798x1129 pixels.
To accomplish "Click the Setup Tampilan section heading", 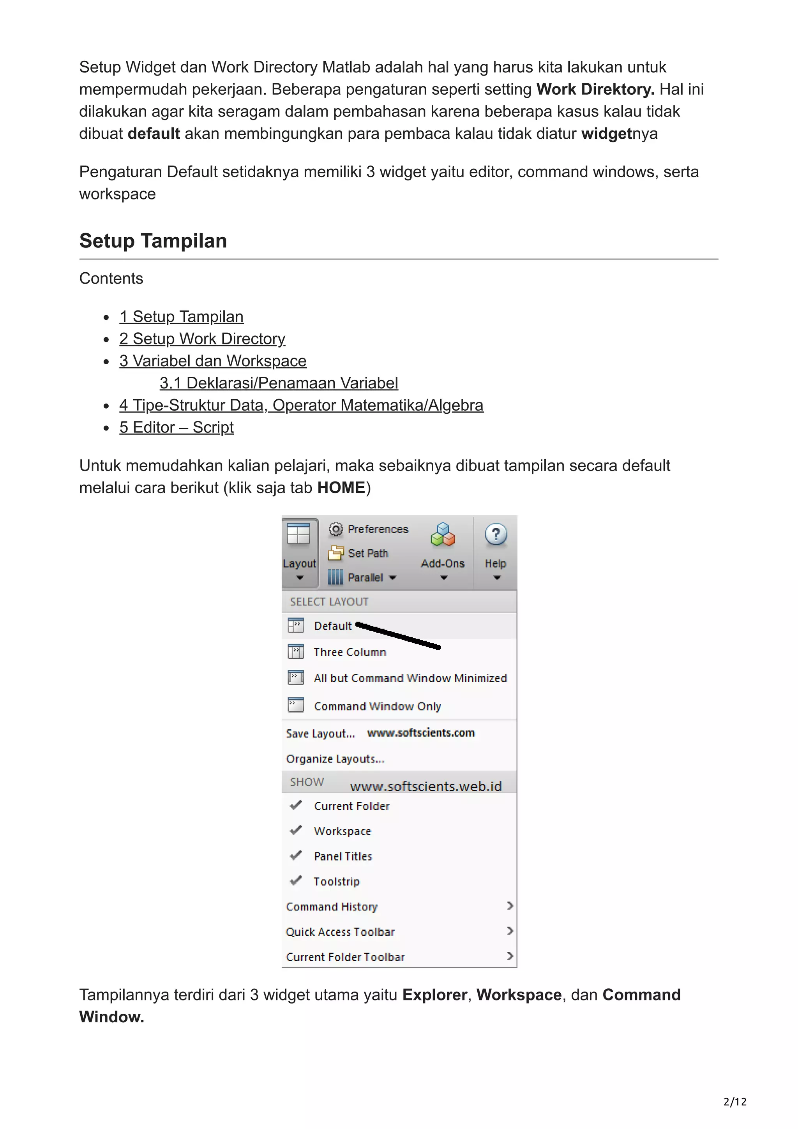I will (153, 241).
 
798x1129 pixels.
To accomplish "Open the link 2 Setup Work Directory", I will (202, 339).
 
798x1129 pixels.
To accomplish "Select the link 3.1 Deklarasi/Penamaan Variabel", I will (279, 383).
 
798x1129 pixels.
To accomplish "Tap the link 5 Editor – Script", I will (176, 427).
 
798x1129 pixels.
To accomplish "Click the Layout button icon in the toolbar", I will (298, 534).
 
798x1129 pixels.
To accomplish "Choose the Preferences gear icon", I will (336, 529).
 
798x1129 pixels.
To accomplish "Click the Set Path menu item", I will (368, 553).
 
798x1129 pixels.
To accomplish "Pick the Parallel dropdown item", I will (365, 577).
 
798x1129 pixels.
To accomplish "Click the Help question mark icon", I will (496, 535).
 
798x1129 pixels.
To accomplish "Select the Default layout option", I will (333, 626).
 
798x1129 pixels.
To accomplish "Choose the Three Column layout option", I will (350, 652).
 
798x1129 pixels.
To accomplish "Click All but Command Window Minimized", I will (410, 678).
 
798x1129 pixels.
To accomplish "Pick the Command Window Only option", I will (377, 706).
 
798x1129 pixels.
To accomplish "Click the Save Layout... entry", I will (320, 734).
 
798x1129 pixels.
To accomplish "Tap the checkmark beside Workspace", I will (295, 831).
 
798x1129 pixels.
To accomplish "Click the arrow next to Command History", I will (510, 906).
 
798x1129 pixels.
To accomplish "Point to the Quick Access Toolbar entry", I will (340, 932).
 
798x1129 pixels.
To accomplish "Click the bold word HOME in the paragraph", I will (341, 488).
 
